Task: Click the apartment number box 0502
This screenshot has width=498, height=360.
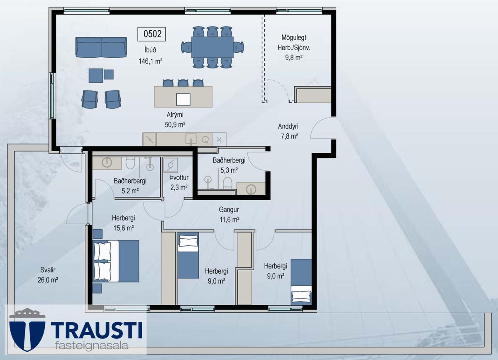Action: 151,34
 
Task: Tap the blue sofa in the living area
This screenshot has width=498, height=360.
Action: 101,47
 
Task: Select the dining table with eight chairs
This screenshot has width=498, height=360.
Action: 212,47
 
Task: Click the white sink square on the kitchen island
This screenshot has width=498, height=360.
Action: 183,100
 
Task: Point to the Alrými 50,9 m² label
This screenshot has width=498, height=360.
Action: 175,120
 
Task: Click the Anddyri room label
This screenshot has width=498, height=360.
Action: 288,126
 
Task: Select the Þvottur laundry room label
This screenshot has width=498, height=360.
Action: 179,178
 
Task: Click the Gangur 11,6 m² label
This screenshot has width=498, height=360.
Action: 229,215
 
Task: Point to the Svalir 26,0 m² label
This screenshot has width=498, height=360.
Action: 48,275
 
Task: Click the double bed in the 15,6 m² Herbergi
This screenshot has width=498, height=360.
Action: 116,261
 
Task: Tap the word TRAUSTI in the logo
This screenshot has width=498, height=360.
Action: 96,331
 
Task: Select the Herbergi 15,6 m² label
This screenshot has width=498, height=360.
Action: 123,223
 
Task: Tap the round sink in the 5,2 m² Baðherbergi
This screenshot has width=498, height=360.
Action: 107,162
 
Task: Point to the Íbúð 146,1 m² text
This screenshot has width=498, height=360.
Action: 150,55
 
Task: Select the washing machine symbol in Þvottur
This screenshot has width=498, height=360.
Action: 171,165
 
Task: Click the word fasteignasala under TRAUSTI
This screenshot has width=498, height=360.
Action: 92,345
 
